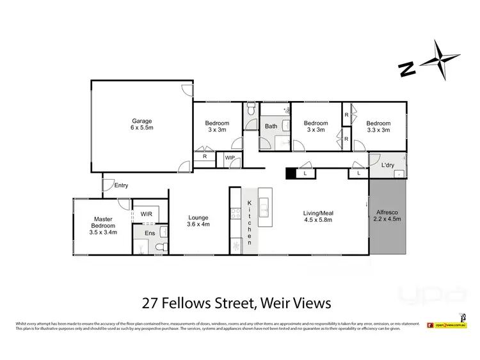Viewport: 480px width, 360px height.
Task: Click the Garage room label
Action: tap(142, 124)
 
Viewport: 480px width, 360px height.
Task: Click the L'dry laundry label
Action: tap(387, 166)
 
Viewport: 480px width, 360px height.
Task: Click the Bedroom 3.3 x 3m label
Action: tap(378, 127)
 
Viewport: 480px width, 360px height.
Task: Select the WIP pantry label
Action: tap(228, 157)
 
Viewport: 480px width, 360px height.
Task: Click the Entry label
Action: tap(121, 185)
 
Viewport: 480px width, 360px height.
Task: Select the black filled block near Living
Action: tap(291, 173)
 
